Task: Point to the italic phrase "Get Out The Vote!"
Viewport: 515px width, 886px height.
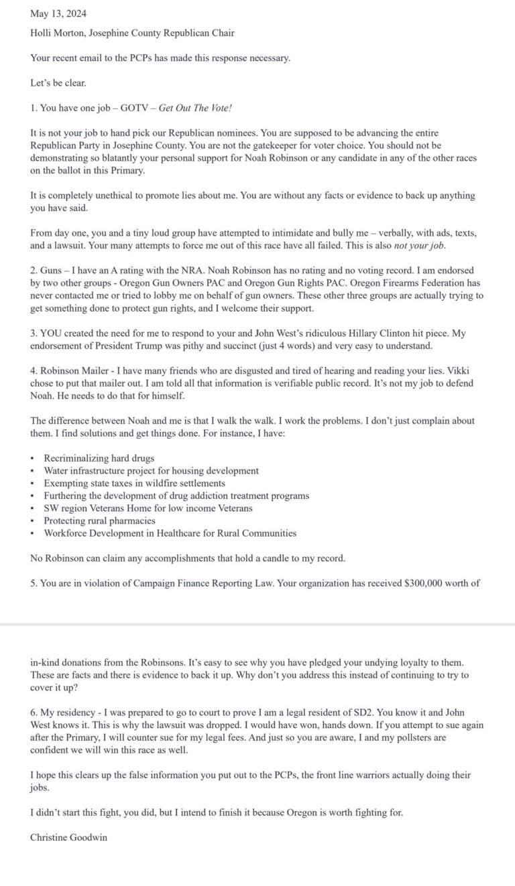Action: pyautogui.click(x=195, y=108)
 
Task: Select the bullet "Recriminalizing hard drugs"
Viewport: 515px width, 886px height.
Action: pyautogui.click(x=99, y=458)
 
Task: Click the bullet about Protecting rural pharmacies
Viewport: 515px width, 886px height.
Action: pyautogui.click(x=99, y=520)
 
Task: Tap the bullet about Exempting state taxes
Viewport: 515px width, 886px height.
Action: pyautogui.click(x=134, y=483)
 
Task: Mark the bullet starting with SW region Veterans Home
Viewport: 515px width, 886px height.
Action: pyautogui.click(x=148, y=508)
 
